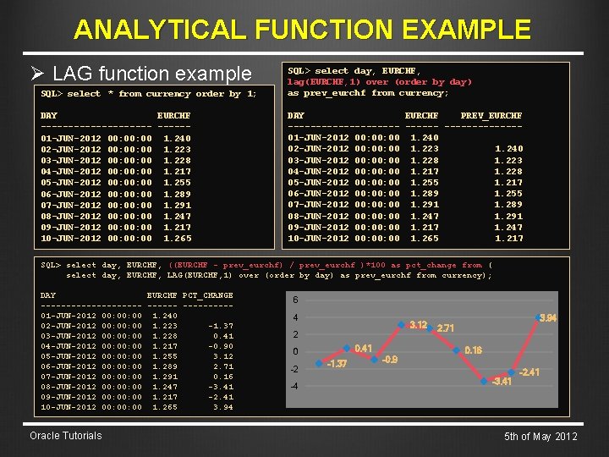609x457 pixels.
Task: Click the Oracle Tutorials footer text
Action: [x=65, y=436]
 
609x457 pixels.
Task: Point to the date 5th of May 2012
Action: [x=540, y=437]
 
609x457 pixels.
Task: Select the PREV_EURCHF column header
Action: [x=491, y=115]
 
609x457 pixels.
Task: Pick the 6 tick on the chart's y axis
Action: [x=295, y=300]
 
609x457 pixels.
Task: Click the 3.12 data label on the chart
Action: [x=418, y=325]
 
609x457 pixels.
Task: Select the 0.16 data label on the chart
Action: [x=473, y=350]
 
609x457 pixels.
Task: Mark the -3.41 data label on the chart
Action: [x=502, y=382]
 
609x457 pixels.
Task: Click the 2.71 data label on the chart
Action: [x=446, y=328]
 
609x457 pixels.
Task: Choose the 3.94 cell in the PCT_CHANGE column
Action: [x=223, y=407]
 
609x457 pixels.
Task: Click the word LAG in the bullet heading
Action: [x=71, y=74]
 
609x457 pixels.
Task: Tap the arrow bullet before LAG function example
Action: [x=38, y=74]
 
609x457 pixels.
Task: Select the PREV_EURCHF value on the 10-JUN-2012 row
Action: [x=508, y=239]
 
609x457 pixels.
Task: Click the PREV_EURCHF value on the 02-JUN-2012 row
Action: [x=508, y=149]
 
